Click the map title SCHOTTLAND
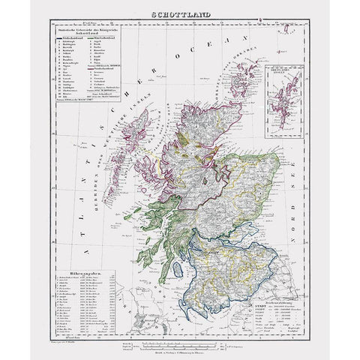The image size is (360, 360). point(180,16)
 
